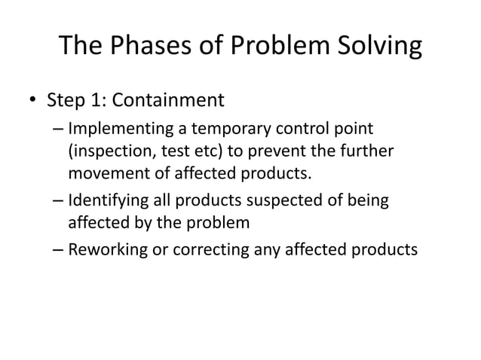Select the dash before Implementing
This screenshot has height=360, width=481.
click(x=59, y=130)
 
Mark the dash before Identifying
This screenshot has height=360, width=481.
click(x=59, y=202)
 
